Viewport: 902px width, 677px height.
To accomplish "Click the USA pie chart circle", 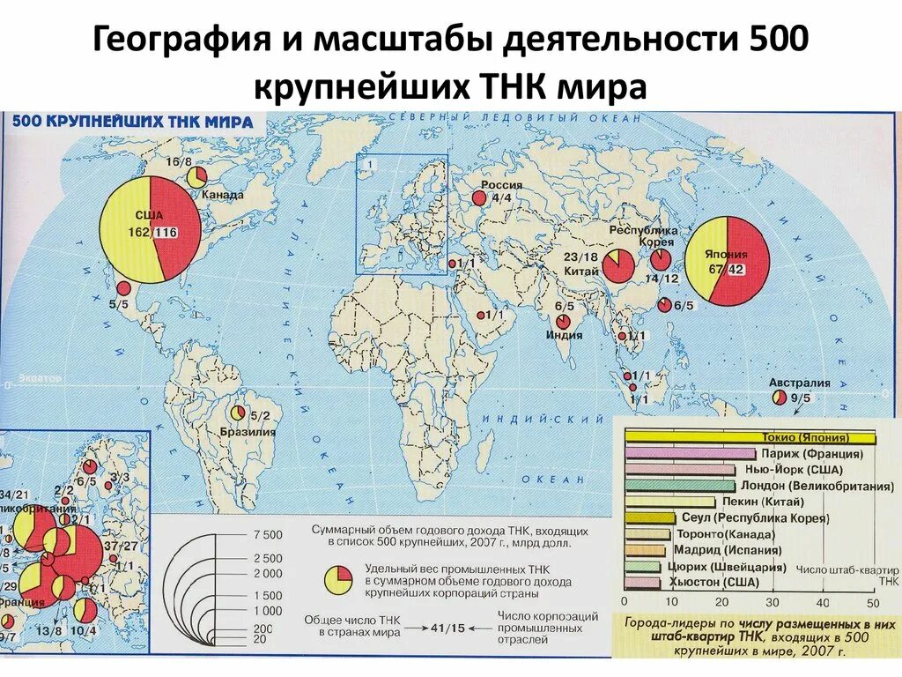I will pyautogui.click(x=150, y=228).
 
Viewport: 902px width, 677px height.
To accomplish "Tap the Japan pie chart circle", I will pyautogui.click(x=727, y=261).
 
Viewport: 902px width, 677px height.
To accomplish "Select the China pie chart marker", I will pyautogui.click(x=618, y=264).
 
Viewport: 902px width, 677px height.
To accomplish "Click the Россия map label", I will pyautogui.click(x=500, y=185).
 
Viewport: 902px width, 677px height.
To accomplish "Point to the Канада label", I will pyautogui.click(x=223, y=194).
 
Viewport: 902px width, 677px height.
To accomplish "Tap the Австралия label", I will pyautogui.click(x=799, y=383).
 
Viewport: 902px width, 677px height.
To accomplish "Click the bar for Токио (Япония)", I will pyautogui.click(x=750, y=438).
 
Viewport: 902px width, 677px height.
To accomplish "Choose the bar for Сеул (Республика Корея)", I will pyautogui.click(x=650, y=518).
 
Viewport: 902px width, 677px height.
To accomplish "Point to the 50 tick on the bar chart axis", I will pyautogui.click(x=873, y=602).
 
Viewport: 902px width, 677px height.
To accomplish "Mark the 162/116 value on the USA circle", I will pyautogui.click(x=152, y=232).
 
